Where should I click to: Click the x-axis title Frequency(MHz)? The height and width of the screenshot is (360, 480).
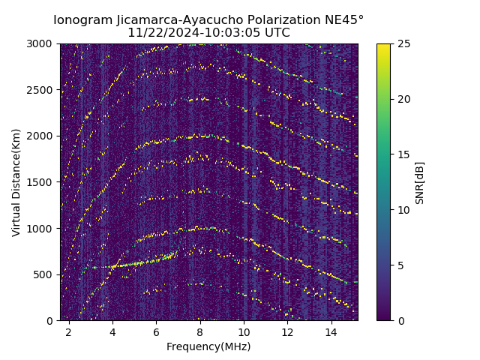coord(208,346)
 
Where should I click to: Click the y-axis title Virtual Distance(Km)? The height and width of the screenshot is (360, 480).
coord(16,182)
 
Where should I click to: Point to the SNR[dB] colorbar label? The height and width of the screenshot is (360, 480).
coord(420,182)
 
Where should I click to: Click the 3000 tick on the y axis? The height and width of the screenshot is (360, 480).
coord(41,43)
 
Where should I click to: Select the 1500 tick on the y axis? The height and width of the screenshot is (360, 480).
coord(41,182)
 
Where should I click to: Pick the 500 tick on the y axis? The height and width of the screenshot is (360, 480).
coord(44,274)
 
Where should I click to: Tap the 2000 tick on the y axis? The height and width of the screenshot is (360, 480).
coord(41,136)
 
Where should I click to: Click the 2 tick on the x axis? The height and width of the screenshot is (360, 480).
coord(69,331)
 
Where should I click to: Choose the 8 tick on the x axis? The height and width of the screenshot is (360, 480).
coord(200,331)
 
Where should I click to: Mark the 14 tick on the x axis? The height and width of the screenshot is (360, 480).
coord(331,331)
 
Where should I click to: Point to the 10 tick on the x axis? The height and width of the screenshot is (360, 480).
coord(244,331)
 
